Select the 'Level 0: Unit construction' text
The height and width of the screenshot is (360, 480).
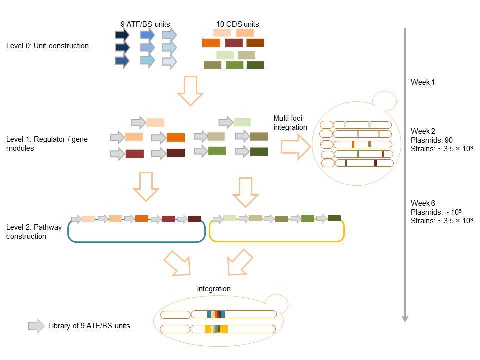coord(47,46)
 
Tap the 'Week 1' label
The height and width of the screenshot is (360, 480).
coord(423,82)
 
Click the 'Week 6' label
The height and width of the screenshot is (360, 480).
coord(423,203)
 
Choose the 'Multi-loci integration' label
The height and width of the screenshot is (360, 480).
coord(290,123)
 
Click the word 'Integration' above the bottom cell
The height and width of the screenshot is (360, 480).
coord(214,289)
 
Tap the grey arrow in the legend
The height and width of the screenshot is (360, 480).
coord(36,326)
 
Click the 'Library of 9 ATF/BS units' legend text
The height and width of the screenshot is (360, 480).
coord(89,326)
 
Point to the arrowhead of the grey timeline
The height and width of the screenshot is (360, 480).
coord(405,318)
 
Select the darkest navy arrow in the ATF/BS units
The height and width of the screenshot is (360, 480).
coord(122,35)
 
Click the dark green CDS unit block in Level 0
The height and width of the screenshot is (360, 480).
coord(255,64)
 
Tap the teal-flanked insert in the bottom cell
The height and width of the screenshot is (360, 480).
coord(216,314)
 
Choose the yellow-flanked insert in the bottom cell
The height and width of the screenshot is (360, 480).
coord(216,329)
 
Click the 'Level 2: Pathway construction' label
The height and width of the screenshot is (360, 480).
coord(34,232)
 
